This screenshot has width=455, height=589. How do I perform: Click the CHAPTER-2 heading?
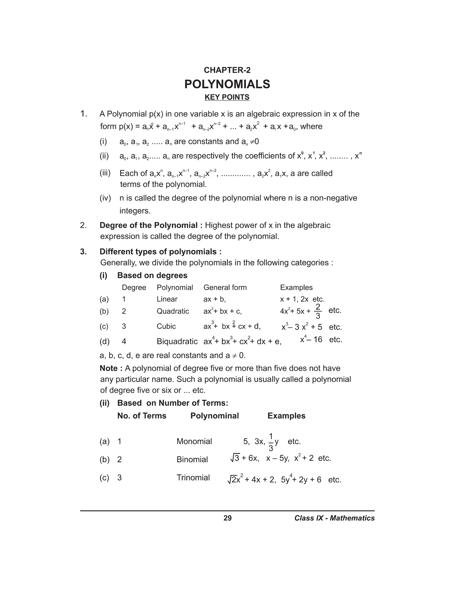pos(227,70)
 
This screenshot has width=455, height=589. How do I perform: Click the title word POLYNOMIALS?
pos(227,84)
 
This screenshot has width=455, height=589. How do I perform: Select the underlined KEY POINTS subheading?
pos(227,97)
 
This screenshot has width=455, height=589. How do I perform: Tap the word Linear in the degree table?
pos(167,299)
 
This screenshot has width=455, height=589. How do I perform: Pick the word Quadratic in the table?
pos(173,311)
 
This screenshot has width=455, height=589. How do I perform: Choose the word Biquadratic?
pos(177,341)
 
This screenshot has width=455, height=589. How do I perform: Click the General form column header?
pos(225,287)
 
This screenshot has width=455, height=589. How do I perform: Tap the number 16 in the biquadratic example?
pos(318,340)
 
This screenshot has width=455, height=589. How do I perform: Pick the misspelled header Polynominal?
pos(215,416)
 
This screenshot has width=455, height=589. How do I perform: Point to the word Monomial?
pos(194,441)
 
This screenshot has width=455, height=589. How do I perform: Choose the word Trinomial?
pos(193,477)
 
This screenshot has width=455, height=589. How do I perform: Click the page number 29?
pos(227,518)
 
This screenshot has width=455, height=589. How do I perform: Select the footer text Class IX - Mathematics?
pos(334,518)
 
